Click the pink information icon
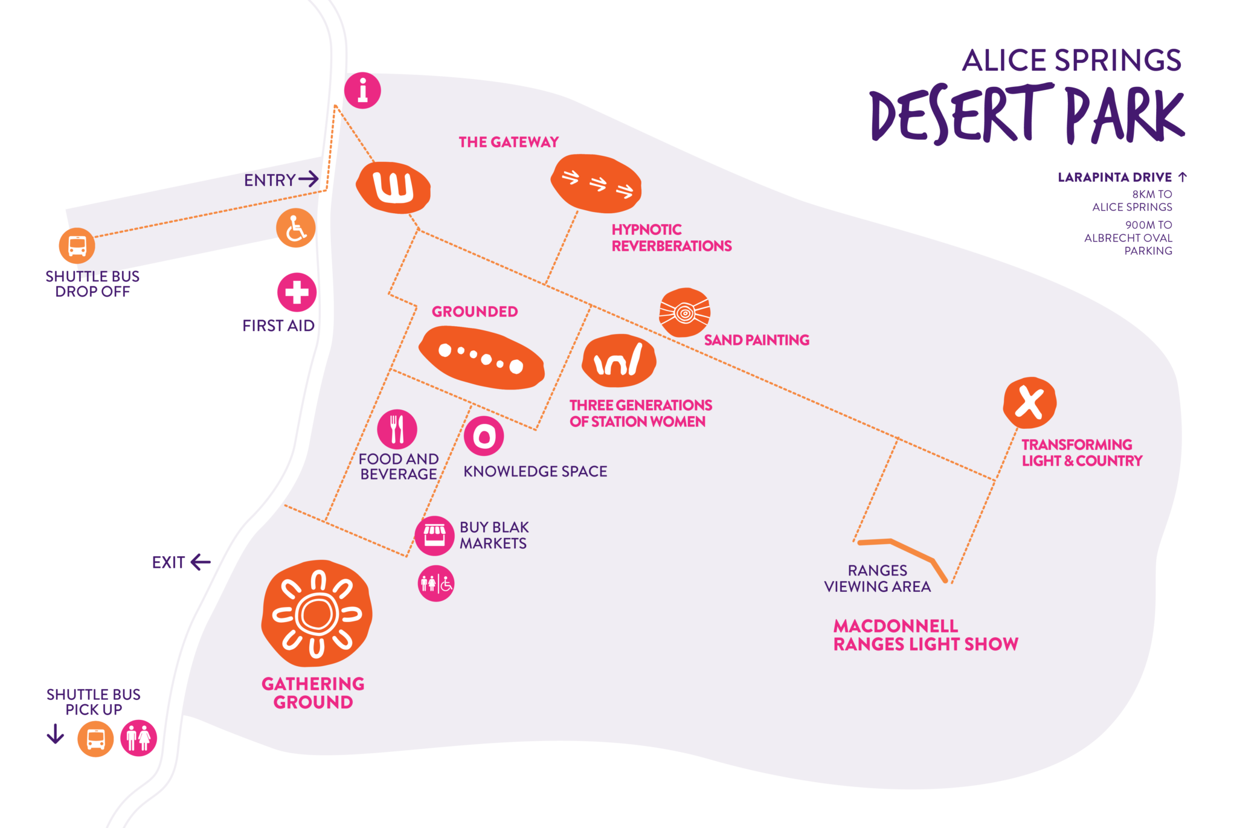point(362,91)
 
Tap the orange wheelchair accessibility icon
point(295,228)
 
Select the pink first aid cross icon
point(297,292)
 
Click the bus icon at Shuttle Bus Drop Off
point(77,246)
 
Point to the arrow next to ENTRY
point(309,179)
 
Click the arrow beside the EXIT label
point(201,562)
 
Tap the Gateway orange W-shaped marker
point(393,187)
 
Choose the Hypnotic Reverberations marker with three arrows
point(596,184)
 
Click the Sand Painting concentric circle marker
point(684,312)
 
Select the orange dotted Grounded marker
point(481,358)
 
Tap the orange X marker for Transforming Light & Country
point(1029,403)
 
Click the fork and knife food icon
point(397,429)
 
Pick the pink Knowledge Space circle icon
point(484,436)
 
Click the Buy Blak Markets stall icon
point(434,536)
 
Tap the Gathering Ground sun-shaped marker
point(316,614)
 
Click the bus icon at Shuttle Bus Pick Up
point(95,739)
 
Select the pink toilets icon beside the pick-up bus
point(138,738)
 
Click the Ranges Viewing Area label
point(877,579)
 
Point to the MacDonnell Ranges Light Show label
point(925,635)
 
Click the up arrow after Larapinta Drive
point(1183,177)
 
